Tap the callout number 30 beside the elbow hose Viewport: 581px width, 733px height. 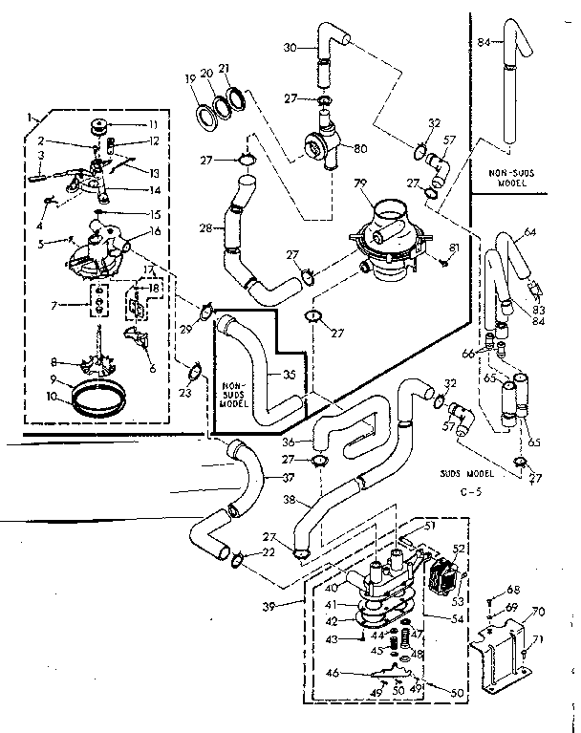tap(291, 47)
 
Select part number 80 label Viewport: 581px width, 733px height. tap(361, 148)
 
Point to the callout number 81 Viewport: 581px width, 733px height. tap(455, 250)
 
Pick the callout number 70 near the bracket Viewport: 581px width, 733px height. tap(539, 611)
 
